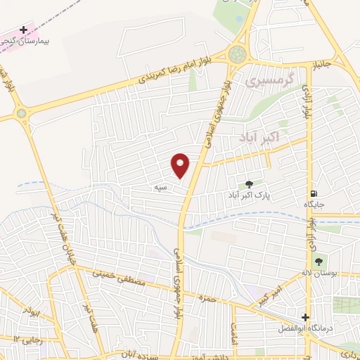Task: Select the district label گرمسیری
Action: pyautogui.click(x=264, y=82)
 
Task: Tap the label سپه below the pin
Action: pyautogui.click(x=162, y=187)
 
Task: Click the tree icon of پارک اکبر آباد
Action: pyautogui.click(x=249, y=184)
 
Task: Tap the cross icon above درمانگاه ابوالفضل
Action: pyautogui.click(x=304, y=317)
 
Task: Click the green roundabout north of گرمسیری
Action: pyautogui.click(x=238, y=53)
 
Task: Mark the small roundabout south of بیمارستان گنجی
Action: pyautogui.click(x=22, y=113)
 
